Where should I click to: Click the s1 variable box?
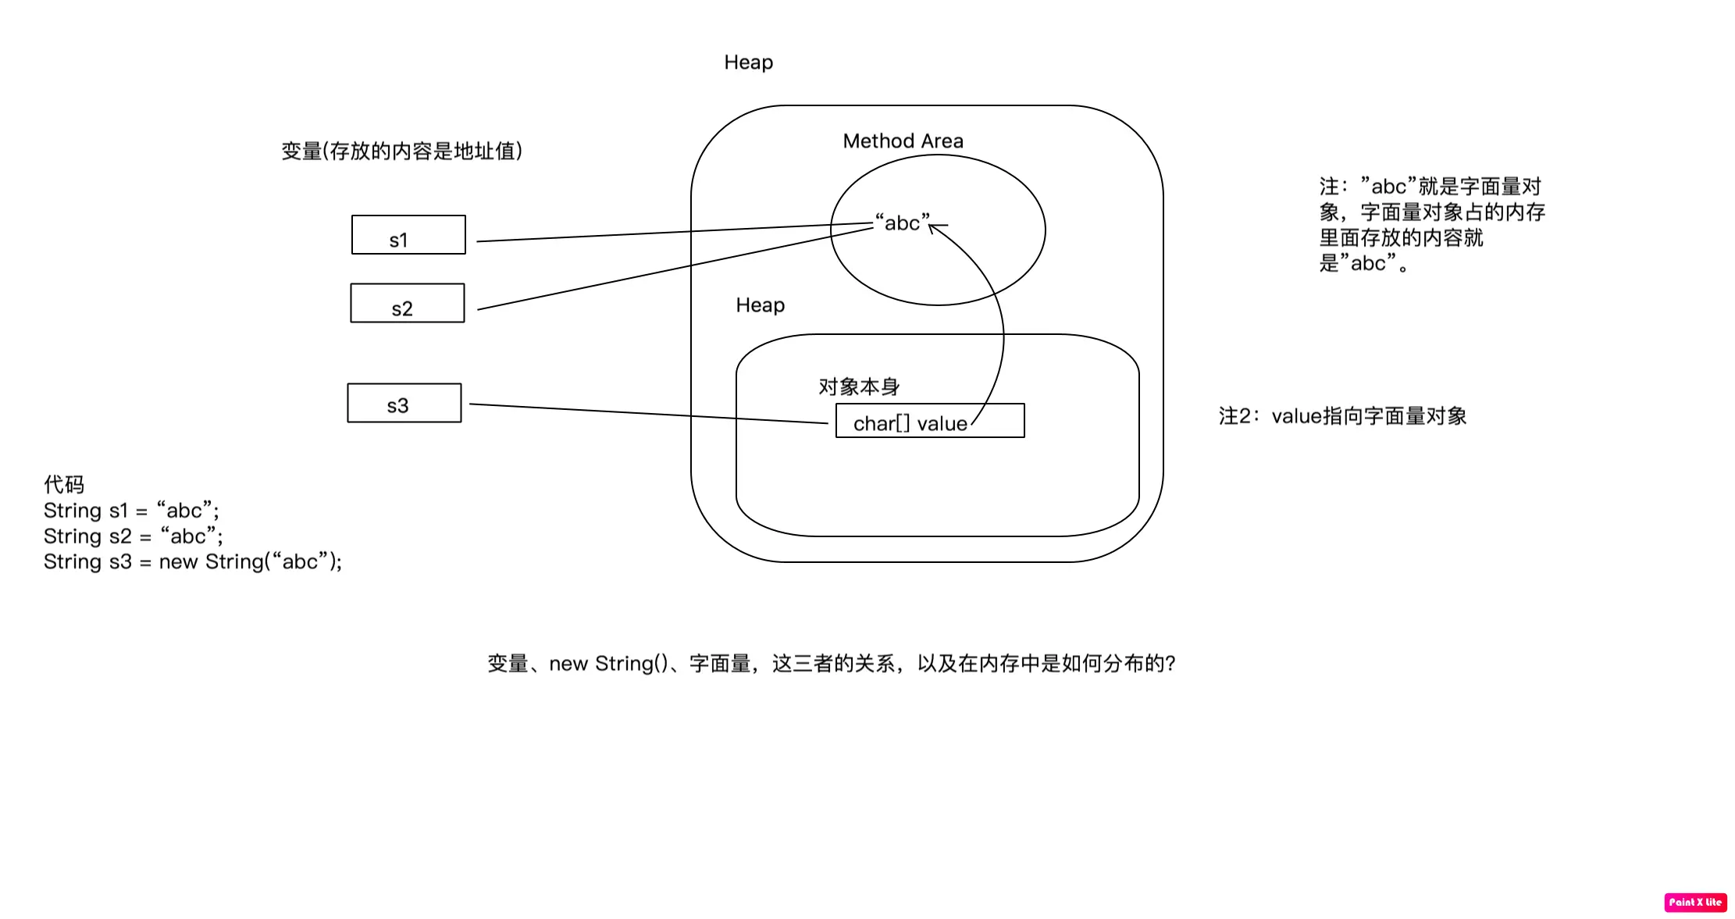tap(408, 235)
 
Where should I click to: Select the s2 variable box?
tap(408, 303)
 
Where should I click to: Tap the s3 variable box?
tap(404, 403)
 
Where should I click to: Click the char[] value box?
tap(929, 421)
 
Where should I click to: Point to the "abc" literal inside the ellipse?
tap(902, 223)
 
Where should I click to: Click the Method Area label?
tap(903, 141)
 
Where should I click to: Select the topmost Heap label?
tap(748, 62)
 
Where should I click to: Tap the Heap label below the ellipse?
tap(760, 305)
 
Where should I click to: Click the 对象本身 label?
tap(859, 386)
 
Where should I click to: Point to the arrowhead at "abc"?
tap(932, 227)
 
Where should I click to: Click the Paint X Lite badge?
tap(1695, 902)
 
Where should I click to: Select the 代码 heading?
tap(64, 485)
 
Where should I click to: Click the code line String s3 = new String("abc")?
tap(193, 562)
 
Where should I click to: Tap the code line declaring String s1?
tap(131, 511)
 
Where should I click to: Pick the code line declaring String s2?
tap(134, 536)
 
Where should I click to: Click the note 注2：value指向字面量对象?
tap(1342, 416)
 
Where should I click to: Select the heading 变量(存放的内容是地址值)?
tap(401, 151)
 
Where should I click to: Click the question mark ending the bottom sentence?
tap(1170, 664)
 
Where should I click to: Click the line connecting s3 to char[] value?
tap(648, 414)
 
